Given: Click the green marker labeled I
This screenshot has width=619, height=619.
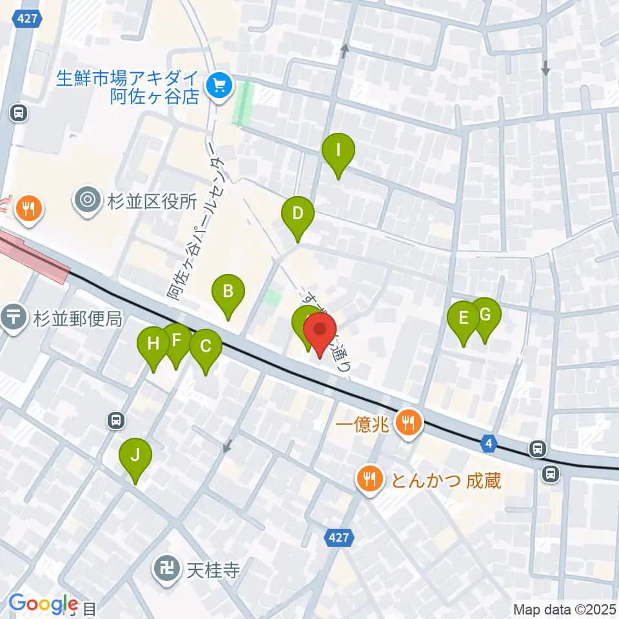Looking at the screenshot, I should click(338, 153).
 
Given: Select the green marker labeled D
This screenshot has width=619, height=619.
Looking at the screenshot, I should click(297, 215).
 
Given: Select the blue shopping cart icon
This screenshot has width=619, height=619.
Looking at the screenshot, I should click(219, 85).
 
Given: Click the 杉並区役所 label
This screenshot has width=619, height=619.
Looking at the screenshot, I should click(152, 201).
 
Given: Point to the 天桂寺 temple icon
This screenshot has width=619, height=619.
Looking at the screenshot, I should click(166, 570).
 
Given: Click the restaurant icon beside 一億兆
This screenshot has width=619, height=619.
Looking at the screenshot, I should click(408, 424).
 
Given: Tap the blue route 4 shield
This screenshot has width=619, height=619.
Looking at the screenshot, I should click(490, 443).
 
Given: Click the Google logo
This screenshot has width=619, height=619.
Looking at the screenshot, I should click(43, 604).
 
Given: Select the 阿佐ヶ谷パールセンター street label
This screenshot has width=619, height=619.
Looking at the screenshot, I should click(195, 229).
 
